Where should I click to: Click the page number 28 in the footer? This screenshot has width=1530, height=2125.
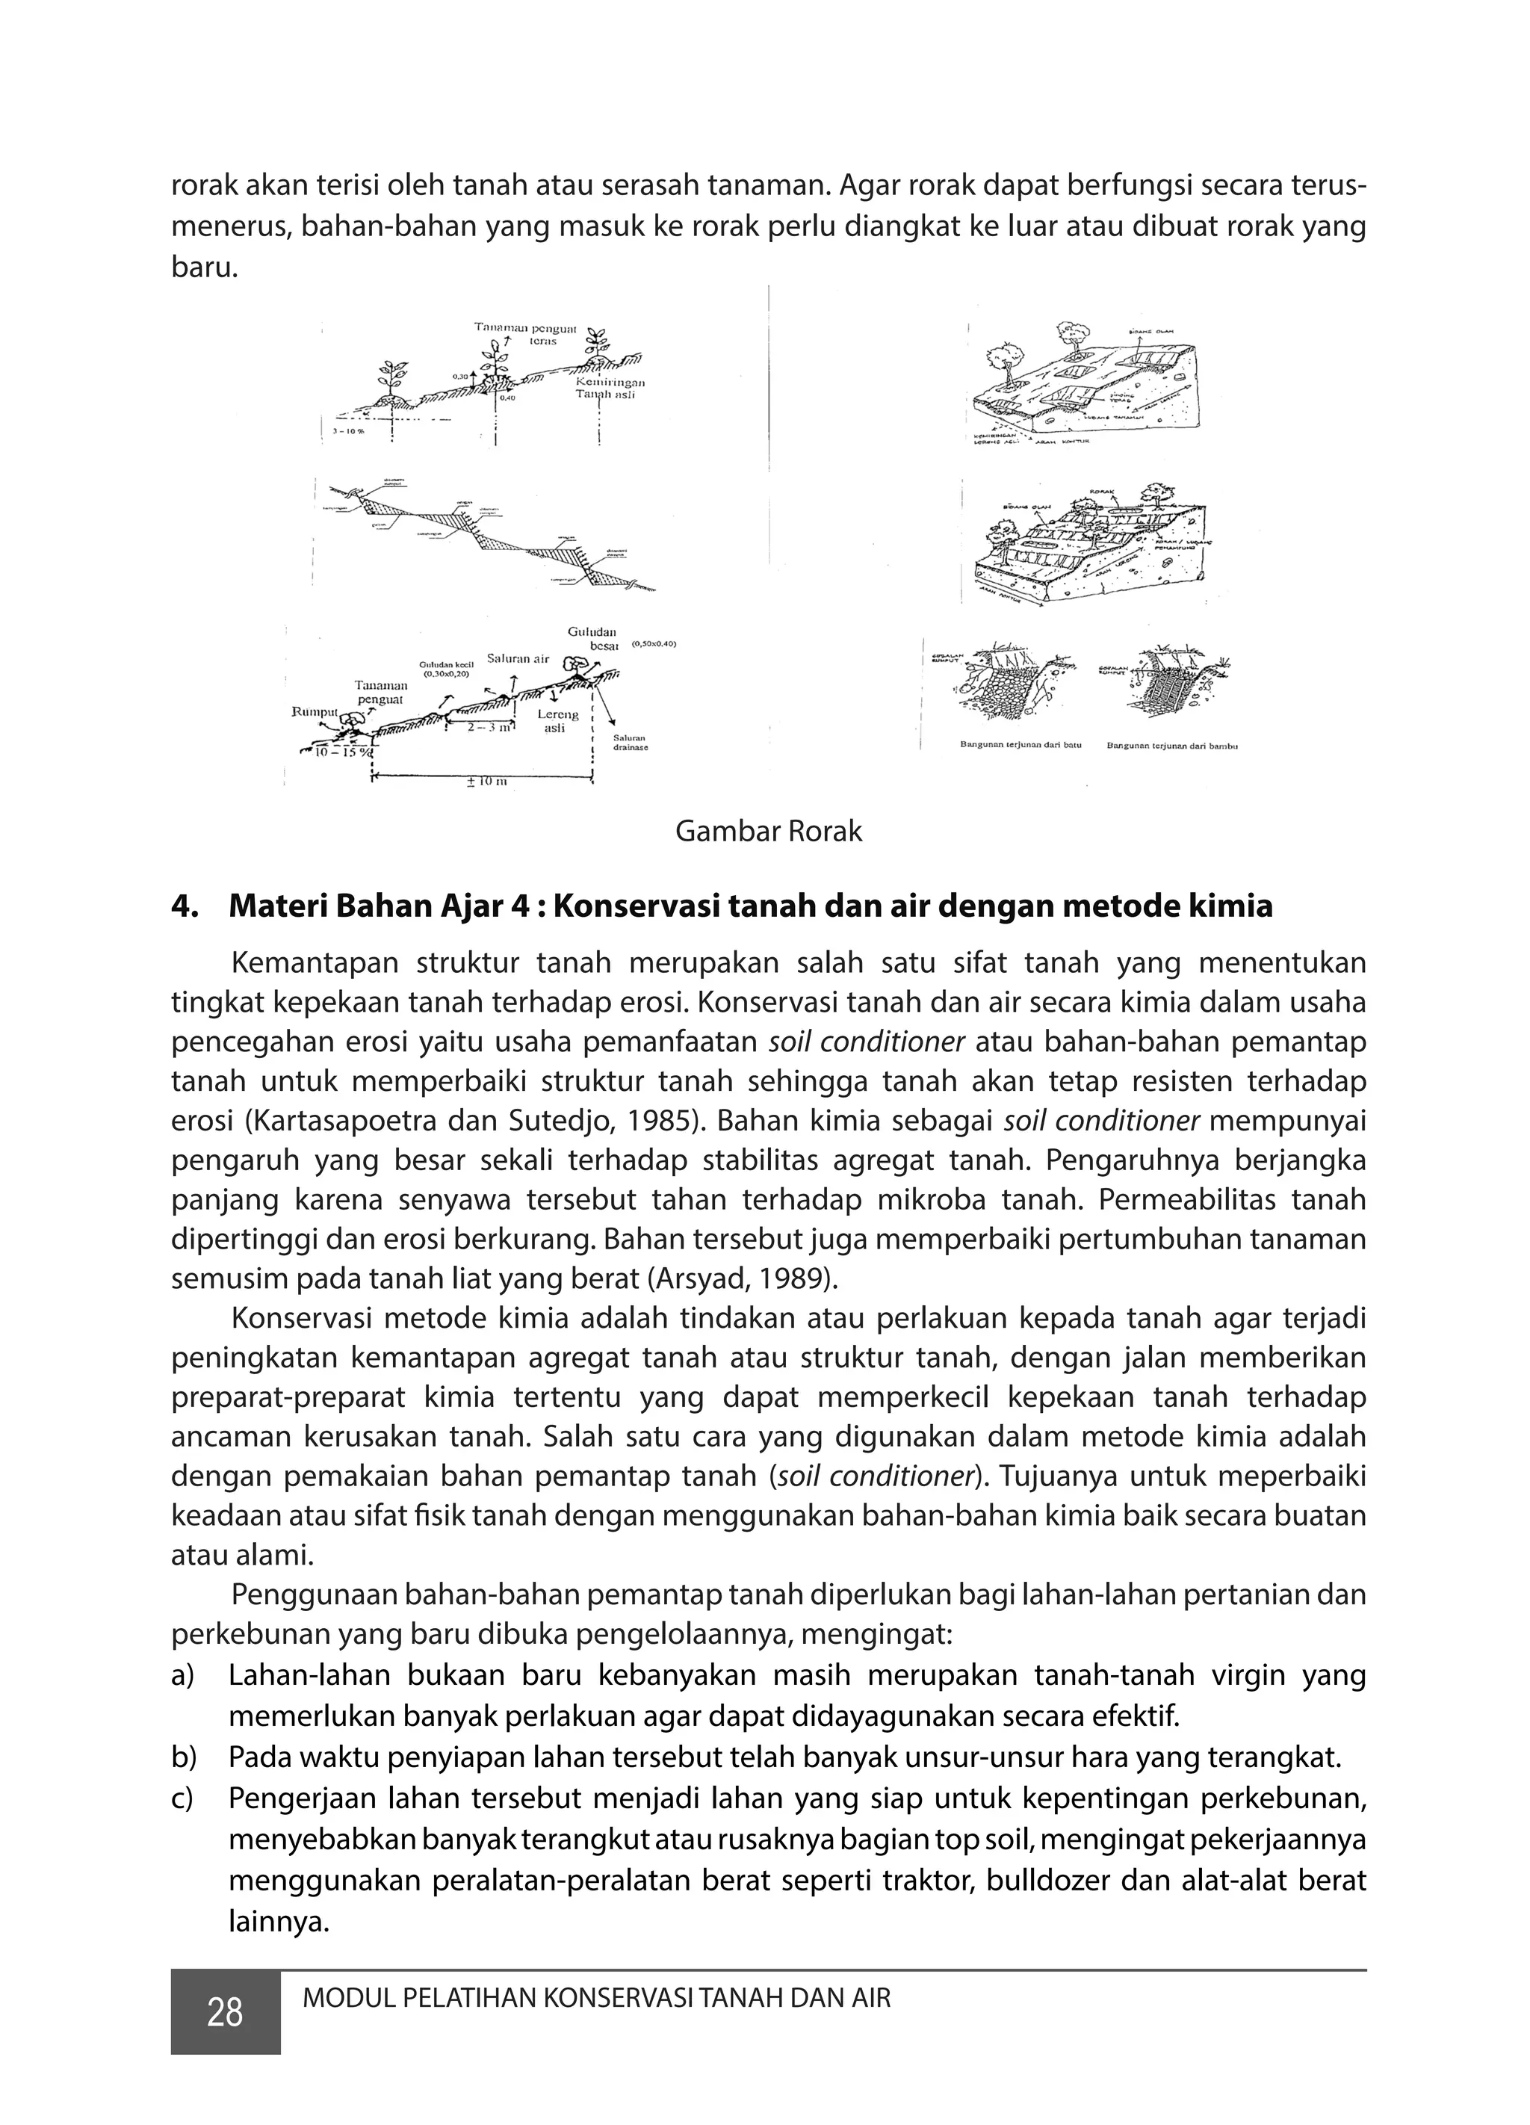pyautogui.click(x=225, y=2011)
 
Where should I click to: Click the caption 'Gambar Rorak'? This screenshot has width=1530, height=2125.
pyautogui.click(x=768, y=831)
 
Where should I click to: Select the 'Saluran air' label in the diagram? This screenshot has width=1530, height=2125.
pyautogui.click(x=518, y=659)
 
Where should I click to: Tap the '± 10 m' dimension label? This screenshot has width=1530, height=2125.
pyautogui.click(x=486, y=782)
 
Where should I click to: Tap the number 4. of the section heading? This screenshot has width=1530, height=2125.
pyautogui.click(x=183, y=906)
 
